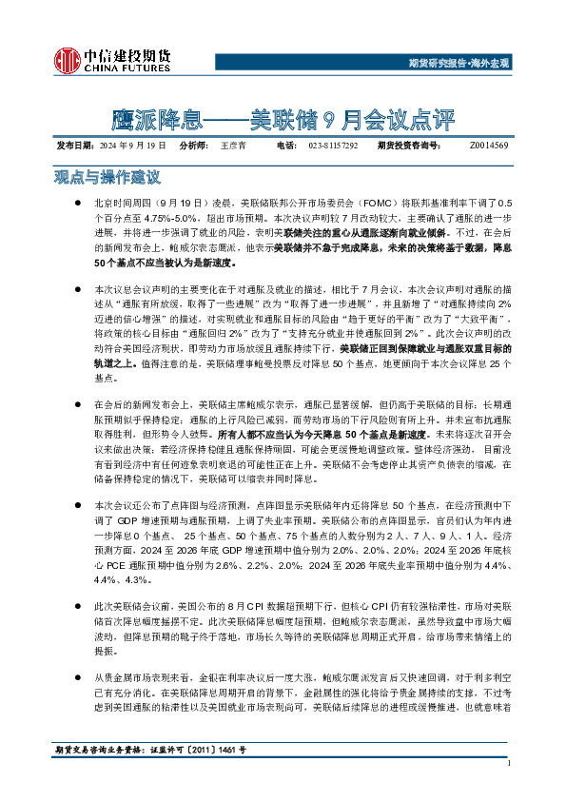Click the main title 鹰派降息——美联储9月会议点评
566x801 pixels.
283,121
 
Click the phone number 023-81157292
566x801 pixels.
333,146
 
